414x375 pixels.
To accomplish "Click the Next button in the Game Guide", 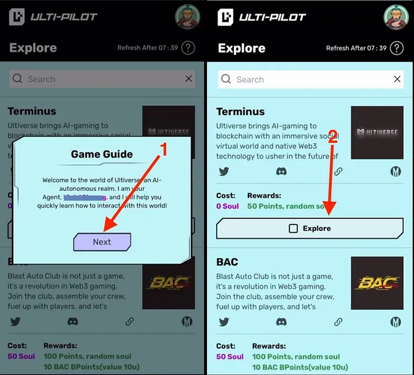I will click(x=102, y=242).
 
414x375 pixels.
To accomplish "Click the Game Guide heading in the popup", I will click(x=102, y=154).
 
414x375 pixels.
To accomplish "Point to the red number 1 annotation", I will click(x=163, y=151).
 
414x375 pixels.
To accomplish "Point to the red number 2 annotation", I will click(x=332, y=138).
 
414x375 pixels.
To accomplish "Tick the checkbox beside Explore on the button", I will click(x=293, y=228).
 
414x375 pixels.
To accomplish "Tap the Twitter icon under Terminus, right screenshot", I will click(x=224, y=171).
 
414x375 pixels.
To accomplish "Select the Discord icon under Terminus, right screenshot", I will click(x=281, y=171).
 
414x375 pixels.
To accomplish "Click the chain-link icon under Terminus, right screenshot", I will click(x=339, y=171).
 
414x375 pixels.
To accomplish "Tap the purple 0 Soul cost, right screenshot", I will click(x=227, y=206).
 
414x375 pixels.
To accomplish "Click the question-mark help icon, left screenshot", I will click(x=188, y=48).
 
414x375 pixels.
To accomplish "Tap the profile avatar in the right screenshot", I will click(x=396, y=17).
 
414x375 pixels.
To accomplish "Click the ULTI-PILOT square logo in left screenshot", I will click(x=17, y=17).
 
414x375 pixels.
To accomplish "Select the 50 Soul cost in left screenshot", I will click(x=21, y=356).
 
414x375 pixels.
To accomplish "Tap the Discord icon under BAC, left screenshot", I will click(x=72, y=322).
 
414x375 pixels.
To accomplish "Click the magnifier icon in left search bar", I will click(x=18, y=79).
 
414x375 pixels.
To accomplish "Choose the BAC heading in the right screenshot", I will click(x=227, y=262).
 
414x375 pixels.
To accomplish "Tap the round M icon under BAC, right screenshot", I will click(x=396, y=322).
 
